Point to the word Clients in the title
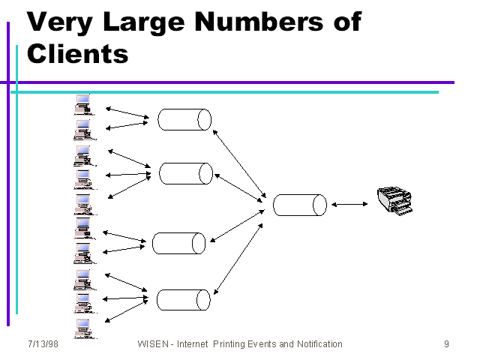[77, 53]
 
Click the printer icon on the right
[394, 200]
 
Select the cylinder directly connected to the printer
[300, 205]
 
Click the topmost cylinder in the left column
[184, 119]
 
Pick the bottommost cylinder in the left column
[182, 299]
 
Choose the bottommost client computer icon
[82, 328]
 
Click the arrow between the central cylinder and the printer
[349, 204]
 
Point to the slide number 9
[446, 344]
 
